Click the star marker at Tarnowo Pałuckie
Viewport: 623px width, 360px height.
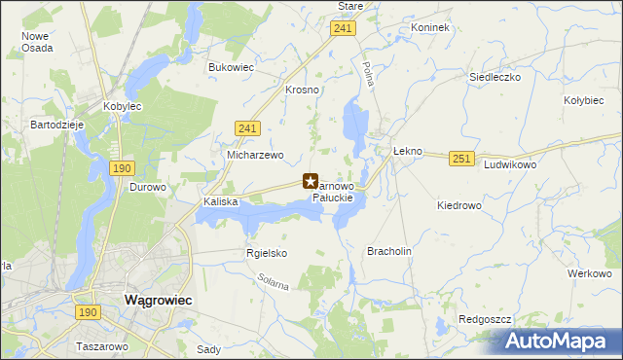click(x=311, y=181)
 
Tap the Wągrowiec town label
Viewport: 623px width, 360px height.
click(x=158, y=301)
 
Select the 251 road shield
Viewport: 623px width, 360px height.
click(x=461, y=158)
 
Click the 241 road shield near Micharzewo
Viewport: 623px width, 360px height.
click(x=247, y=127)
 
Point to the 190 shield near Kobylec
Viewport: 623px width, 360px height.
click(x=122, y=168)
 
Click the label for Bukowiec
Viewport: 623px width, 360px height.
click(x=231, y=67)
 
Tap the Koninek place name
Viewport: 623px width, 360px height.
click(x=430, y=27)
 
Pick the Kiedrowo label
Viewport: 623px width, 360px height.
click(x=459, y=205)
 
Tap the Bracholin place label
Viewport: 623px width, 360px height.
click(x=389, y=250)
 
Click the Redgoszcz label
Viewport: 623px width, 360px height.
click(x=484, y=319)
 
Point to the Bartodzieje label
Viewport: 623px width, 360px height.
click(x=58, y=126)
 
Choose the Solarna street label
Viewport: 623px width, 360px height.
click(x=274, y=285)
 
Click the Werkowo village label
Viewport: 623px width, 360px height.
click(x=589, y=273)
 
